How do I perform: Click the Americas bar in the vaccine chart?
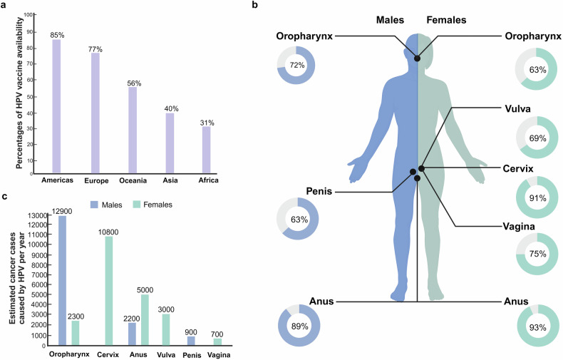56,106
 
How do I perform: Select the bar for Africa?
207,150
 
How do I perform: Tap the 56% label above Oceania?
133,82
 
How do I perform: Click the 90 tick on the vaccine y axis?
29,32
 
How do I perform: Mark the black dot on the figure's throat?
417,59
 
